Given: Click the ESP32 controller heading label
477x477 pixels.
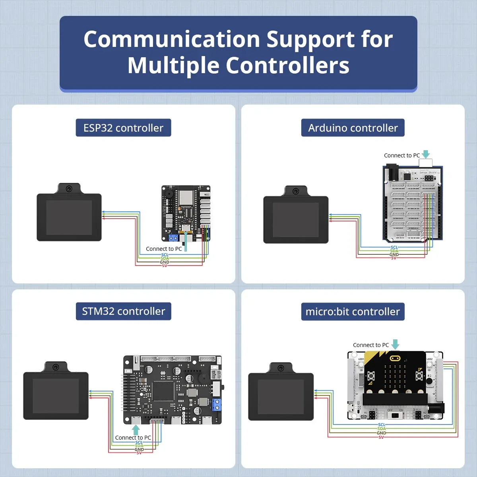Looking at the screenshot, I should (x=123, y=128).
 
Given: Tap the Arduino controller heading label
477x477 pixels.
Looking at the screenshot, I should (x=353, y=128).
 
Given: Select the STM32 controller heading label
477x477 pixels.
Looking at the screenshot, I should (x=123, y=311).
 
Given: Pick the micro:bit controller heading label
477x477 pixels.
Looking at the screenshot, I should (x=353, y=312).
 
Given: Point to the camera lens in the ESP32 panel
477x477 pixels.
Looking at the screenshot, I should (x=69, y=188).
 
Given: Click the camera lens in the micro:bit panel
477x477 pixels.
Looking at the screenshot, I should (x=281, y=368).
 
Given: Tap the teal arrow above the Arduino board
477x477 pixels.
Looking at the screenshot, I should (x=426, y=154).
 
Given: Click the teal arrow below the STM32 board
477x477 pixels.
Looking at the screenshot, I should (x=136, y=430).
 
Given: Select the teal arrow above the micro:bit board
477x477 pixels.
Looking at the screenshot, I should (x=395, y=344).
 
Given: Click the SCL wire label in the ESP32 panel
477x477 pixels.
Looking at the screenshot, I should (x=165, y=255).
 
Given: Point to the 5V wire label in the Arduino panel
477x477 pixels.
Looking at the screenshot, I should (x=394, y=258).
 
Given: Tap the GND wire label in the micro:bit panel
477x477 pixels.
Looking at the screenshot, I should (x=381, y=433).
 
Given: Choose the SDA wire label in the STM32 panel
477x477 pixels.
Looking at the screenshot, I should (x=139, y=446).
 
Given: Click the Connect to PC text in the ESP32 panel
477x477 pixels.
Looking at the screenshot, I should (x=164, y=249).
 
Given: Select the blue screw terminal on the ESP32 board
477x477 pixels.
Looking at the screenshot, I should (x=173, y=238).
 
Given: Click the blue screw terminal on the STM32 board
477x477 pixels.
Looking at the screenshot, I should (x=216, y=405).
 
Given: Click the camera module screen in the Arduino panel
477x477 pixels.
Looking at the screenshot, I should (x=296, y=220).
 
